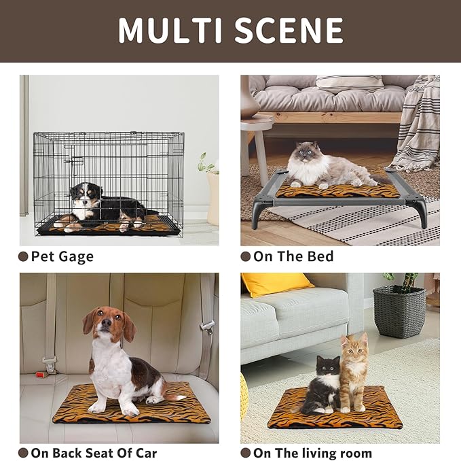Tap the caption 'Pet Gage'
(62, 256)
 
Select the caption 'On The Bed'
(293, 256)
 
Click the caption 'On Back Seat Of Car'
(94, 453)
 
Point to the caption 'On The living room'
(312, 453)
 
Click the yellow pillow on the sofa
(276, 284)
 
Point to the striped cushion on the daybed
(350, 83)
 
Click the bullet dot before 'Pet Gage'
(24, 256)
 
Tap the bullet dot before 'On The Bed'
(246, 256)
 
